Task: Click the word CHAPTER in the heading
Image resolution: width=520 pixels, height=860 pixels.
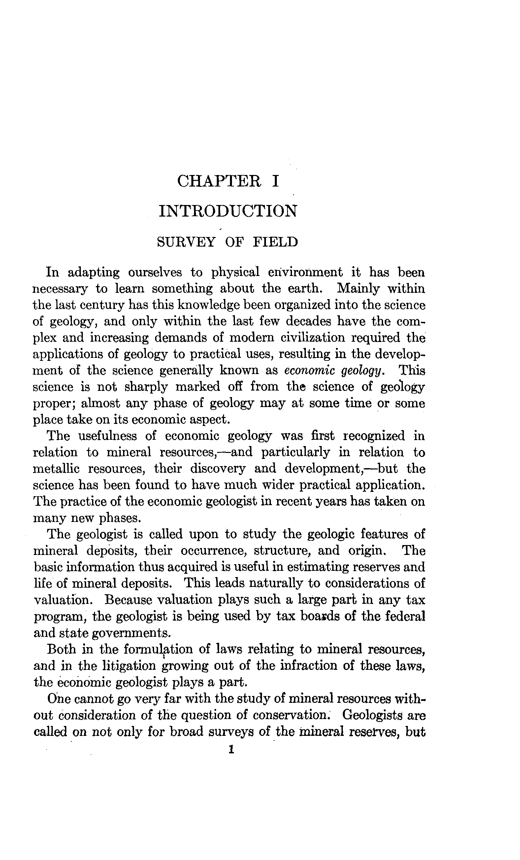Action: click(x=219, y=181)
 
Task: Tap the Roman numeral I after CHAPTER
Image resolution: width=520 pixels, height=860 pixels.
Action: click(x=275, y=181)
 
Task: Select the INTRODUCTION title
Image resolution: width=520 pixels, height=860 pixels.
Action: click(x=228, y=211)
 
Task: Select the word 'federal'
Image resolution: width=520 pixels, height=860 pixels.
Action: click(x=405, y=616)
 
